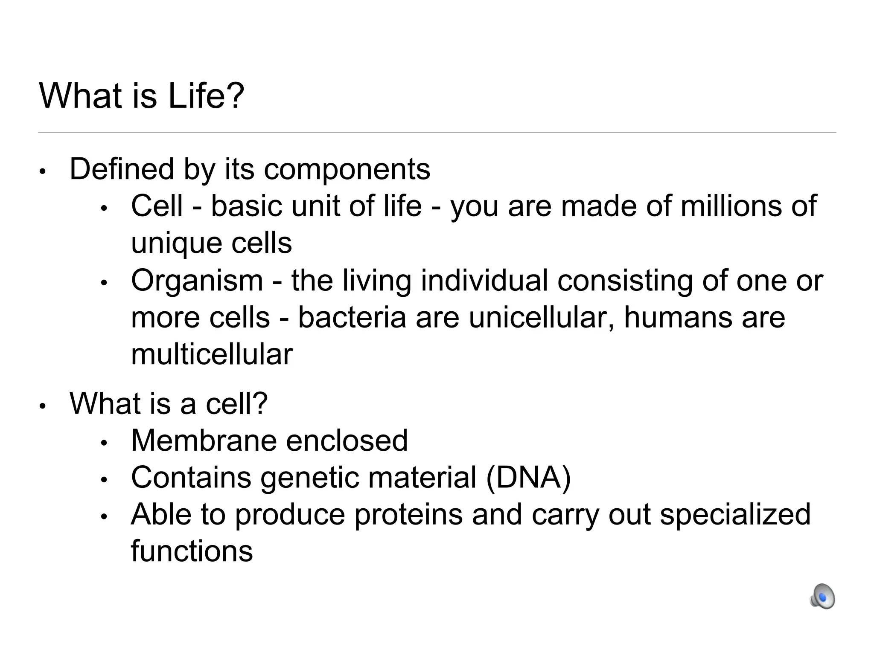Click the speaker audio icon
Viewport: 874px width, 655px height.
822,596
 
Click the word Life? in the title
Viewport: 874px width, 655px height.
206,96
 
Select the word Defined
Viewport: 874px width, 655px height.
122,169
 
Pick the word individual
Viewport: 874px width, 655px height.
484,281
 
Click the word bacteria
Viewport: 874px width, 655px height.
352,318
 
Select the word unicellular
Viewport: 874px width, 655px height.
542,318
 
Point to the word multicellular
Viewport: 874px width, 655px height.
212,354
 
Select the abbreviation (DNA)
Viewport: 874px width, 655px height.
528,478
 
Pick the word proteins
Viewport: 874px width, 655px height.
408,515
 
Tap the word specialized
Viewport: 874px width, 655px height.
735,515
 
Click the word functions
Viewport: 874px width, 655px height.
192,551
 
